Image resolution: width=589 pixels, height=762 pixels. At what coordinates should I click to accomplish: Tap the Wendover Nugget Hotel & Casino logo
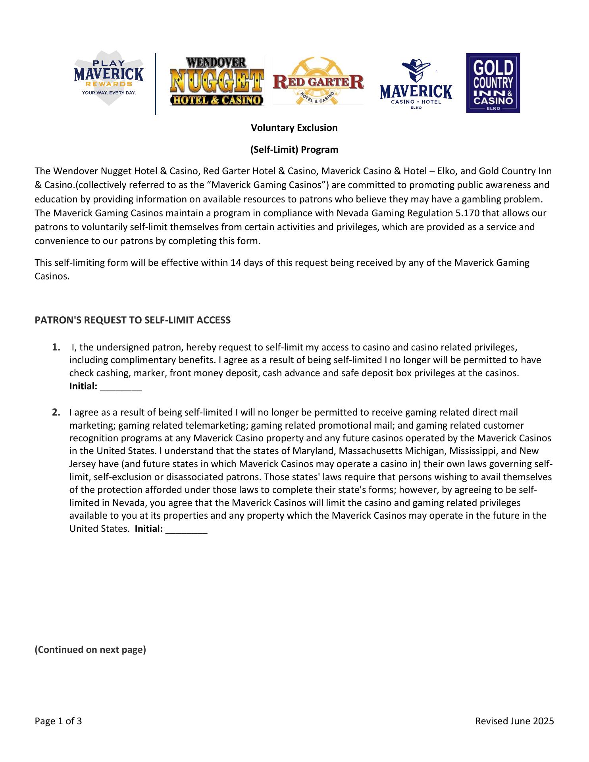(x=217, y=81)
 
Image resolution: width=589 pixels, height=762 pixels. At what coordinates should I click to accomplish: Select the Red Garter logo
(x=318, y=82)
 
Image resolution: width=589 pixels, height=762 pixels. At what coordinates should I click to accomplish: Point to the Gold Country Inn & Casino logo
(x=493, y=83)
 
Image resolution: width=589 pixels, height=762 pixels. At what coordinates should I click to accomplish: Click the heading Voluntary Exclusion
(x=294, y=128)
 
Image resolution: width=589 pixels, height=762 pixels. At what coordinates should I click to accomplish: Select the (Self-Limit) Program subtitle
(x=294, y=150)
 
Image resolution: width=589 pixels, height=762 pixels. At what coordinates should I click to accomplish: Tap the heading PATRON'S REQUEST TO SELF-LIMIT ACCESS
(x=133, y=320)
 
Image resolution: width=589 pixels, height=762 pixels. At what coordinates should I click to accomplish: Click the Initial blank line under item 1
(x=121, y=387)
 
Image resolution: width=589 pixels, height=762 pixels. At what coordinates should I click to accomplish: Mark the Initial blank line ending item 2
(x=186, y=529)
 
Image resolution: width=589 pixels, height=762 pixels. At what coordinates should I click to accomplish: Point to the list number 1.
(x=56, y=348)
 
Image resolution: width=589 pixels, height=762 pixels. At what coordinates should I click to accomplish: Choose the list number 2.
(x=56, y=413)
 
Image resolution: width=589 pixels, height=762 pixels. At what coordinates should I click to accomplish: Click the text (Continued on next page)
(x=90, y=650)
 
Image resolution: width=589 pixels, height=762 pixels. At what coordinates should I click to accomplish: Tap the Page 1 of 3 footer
(x=58, y=721)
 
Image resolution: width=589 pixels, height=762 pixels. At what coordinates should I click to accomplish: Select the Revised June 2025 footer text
(x=514, y=721)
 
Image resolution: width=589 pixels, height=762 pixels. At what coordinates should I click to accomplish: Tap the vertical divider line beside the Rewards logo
(x=155, y=84)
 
